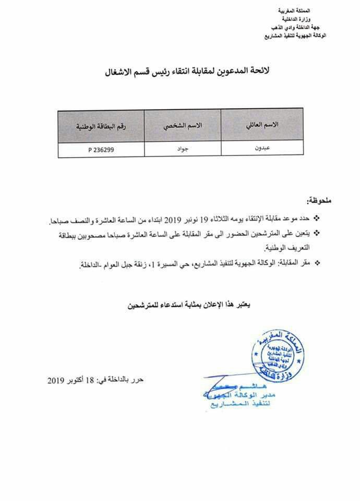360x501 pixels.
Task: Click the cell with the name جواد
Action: (183, 149)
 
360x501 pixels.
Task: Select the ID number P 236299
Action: (101, 149)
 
